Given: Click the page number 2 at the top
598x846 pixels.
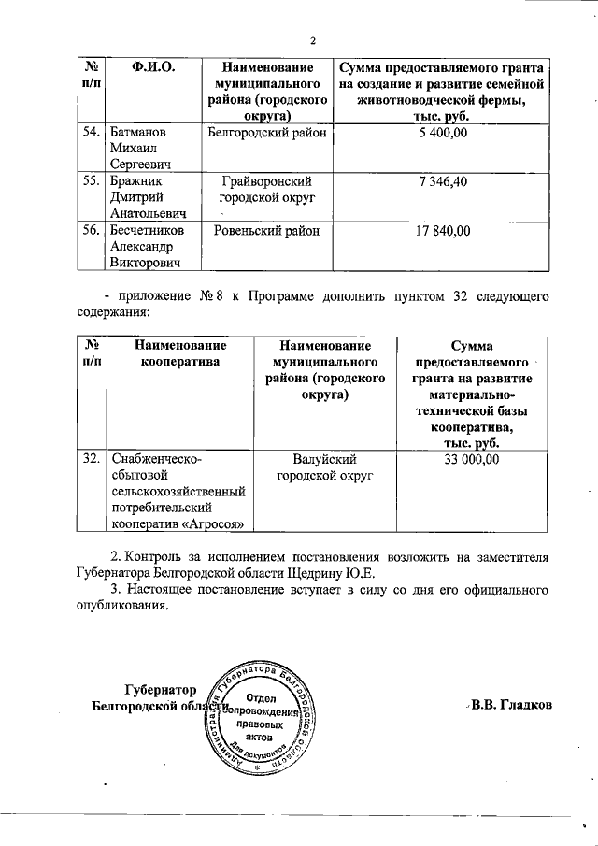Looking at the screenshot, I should pos(314,40).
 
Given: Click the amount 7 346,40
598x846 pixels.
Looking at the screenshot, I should pos(444,179).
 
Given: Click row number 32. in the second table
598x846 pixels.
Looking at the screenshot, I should pos(92,459).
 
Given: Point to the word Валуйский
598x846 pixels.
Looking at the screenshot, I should pos(326,459).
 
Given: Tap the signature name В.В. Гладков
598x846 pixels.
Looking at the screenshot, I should pos(513,704).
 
